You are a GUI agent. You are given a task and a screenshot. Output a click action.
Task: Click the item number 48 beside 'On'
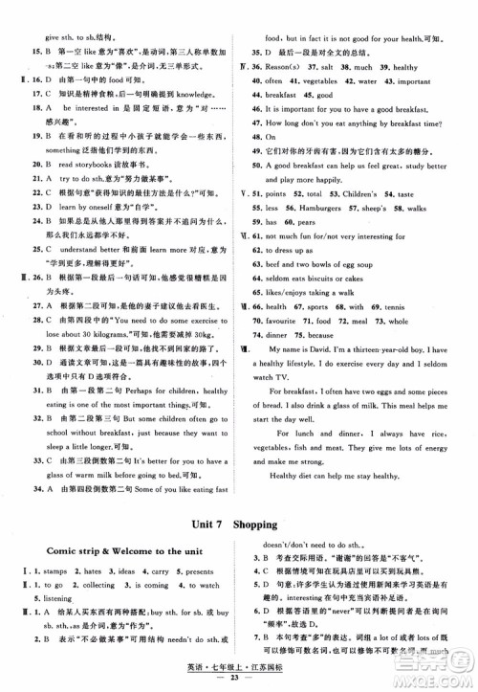click(x=256, y=137)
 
